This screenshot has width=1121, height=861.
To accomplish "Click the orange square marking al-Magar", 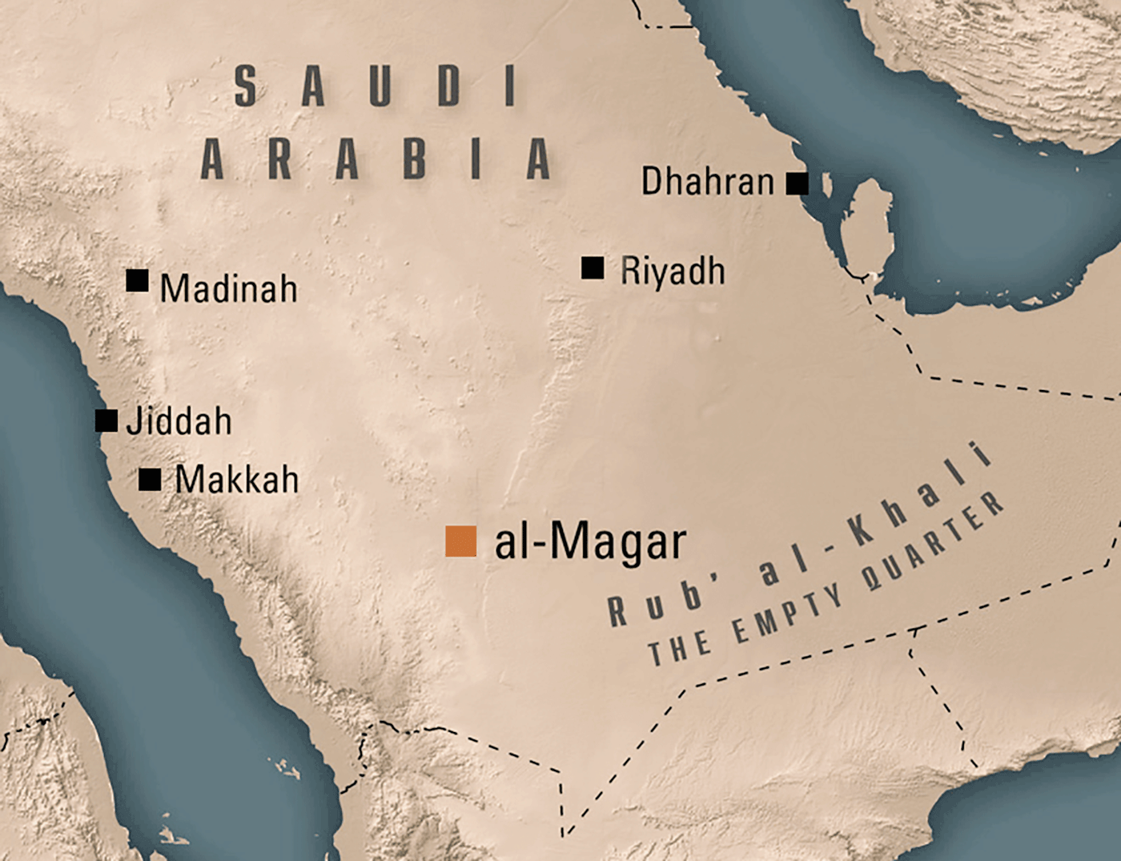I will (461, 541).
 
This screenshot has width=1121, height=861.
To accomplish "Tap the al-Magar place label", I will (590, 542).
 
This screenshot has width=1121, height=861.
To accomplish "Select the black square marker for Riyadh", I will (593, 268).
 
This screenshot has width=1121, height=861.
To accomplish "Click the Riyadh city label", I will (673, 272).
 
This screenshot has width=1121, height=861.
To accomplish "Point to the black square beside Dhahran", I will (797, 183).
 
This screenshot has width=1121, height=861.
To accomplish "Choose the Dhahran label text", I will (707, 182).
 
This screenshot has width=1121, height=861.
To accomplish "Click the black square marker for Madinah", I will (137, 280).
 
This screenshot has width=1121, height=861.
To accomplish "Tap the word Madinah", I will (228, 288).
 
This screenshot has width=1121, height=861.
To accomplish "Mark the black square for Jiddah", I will (106, 420).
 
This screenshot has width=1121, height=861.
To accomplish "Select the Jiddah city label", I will (179, 421).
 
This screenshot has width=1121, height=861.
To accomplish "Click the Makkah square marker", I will (150, 479).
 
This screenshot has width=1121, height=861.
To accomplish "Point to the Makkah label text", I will (237, 480).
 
